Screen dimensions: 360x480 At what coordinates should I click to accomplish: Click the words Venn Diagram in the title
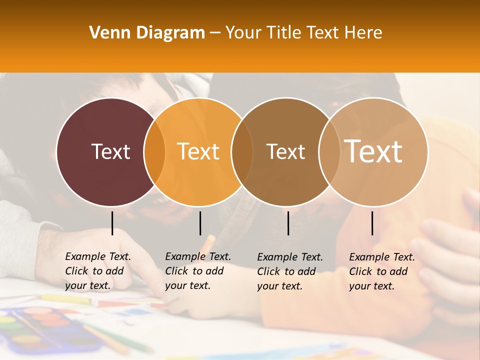[x=147, y=33]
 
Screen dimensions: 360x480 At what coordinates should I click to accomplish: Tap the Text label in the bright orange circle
[x=198, y=151]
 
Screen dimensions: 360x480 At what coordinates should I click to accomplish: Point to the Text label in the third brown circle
[x=285, y=151]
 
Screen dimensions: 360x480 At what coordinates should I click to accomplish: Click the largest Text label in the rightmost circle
[x=373, y=151]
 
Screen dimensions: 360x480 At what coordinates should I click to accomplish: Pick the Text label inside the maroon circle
[x=111, y=151]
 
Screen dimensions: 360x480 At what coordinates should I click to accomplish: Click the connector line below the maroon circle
[x=112, y=223]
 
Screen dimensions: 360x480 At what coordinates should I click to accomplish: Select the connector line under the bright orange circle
[x=200, y=223]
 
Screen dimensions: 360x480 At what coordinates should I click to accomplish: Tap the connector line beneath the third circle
[x=288, y=223]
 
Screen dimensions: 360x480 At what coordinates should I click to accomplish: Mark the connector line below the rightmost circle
[x=372, y=223]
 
